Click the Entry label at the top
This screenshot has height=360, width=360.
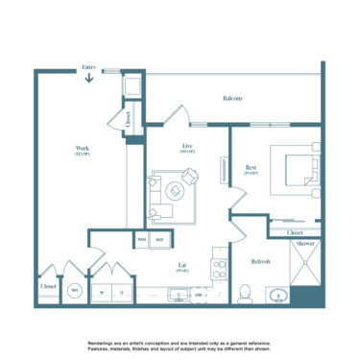[88, 67]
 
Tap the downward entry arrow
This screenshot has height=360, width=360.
[88, 79]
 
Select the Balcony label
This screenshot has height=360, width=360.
[231, 98]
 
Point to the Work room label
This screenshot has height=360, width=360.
[83, 150]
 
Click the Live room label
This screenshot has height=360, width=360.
[187, 148]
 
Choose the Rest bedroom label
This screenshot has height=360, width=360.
[251, 171]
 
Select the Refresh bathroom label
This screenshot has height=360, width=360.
[260, 260]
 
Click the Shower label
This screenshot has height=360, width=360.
[306, 244]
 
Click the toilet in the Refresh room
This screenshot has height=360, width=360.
[244, 293]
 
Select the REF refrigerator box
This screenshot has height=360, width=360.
[160, 239]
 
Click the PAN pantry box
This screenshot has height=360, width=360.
[141, 239]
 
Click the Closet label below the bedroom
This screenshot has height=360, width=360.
[295, 231]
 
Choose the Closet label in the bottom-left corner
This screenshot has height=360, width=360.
[48, 286]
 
